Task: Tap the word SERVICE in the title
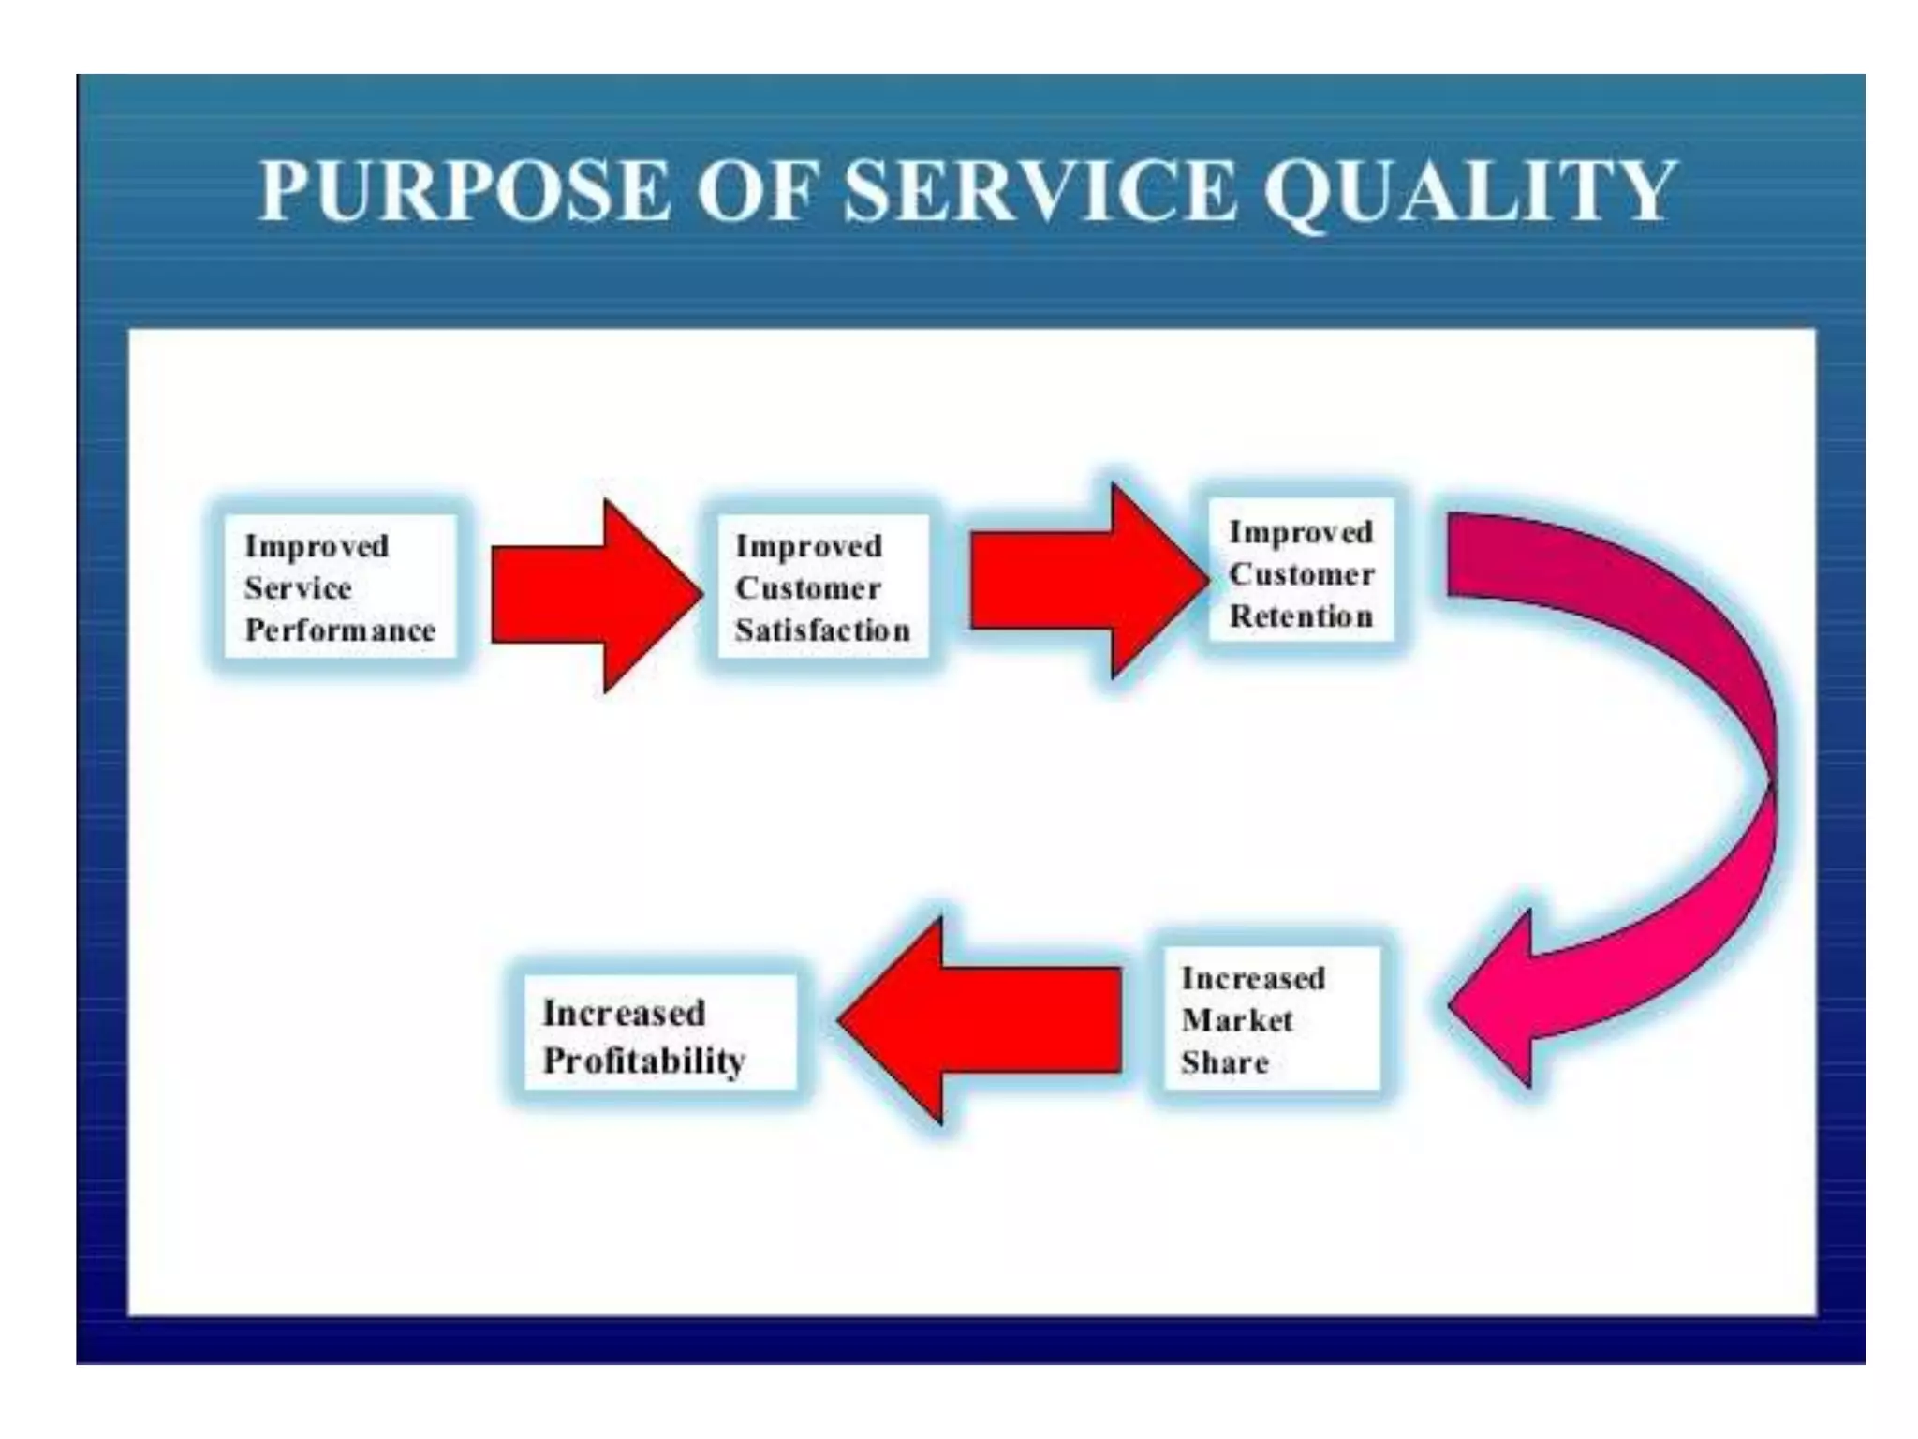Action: (x=1040, y=191)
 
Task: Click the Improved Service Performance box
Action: (x=340, y=587)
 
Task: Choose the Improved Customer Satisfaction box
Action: (x=821, y=587)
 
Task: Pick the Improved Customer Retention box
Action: (x=1301, y=572)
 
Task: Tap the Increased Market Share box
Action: (x=1270, y=1019)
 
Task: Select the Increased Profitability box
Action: (x=660, y=1035)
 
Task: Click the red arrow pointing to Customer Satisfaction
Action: (x=596, y=596)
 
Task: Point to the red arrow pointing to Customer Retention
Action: (x=1088, y=581)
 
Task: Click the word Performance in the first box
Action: (x=340, y=630)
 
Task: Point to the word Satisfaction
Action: (x=822, y=630)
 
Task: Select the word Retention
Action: (x=1301, y=616)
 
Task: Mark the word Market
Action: (x=1236, y=1020)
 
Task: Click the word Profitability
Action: (x=644, y=1061)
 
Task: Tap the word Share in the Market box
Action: (x=1225, y=1062)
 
